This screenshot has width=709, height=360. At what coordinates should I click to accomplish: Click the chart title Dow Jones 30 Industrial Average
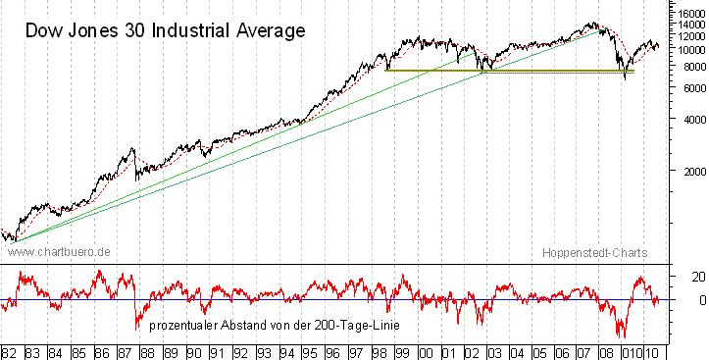coord(165,30)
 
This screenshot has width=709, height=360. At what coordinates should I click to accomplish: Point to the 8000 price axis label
coord(687,67)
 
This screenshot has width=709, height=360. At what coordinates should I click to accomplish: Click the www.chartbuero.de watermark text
coord(59,252)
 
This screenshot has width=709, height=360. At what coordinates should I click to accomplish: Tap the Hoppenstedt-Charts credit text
coord(595,252)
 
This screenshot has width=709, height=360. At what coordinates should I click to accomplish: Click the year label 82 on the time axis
coord(10,350)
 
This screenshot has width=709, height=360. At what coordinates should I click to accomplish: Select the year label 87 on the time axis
coord(126,350)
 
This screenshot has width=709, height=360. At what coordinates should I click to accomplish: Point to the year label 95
coord(310,350)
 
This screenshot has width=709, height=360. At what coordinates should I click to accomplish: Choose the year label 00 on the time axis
coord(426,350)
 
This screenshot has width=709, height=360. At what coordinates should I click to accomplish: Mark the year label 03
coord(494,350)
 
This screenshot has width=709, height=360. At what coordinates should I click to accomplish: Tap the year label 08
coord(610,350)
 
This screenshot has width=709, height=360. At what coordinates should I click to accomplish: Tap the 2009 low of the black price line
coord(626,77)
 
